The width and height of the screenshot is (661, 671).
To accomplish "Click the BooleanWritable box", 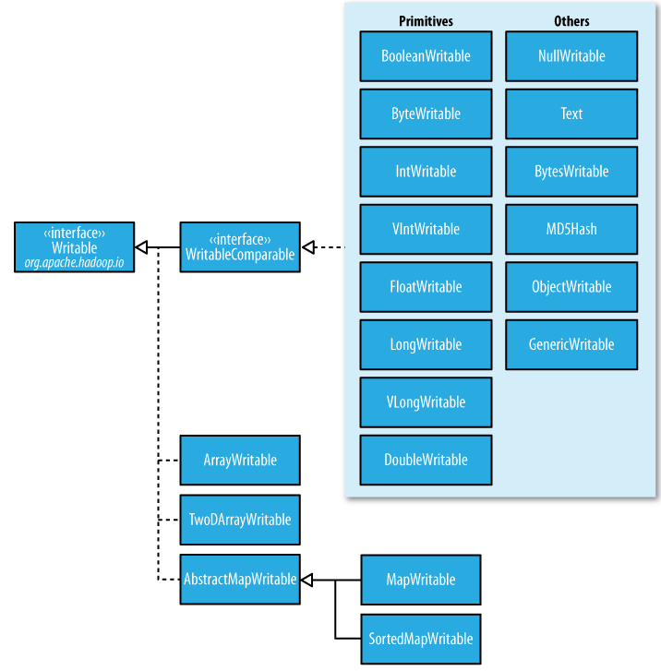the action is click(426, 56).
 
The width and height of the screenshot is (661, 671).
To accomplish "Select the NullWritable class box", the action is click(571, 56).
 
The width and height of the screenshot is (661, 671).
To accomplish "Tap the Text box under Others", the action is click(571, 114).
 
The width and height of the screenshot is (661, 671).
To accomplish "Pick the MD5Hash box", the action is click(571, 230).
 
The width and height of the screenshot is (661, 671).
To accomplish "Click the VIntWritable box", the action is click(426, 230).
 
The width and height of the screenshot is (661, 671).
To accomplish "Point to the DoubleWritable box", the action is click(426, 460).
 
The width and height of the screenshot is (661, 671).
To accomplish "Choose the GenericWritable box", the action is click(571, 344).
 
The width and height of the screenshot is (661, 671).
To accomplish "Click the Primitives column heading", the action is click(426, 21).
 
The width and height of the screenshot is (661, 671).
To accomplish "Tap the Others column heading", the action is click(571, 21).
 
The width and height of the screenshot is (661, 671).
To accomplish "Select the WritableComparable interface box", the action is click(240, 247).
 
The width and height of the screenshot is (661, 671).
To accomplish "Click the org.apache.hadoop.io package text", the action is click(74, 262).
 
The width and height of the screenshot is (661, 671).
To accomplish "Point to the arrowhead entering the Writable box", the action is click(141, 247).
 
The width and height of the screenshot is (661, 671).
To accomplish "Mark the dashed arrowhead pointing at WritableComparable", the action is click(308, 247).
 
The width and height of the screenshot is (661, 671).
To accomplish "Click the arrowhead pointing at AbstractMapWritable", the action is click(306, 581).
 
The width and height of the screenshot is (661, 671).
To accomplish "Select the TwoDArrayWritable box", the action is click(240, 520).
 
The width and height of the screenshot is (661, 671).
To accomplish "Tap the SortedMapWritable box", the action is click(421, 640).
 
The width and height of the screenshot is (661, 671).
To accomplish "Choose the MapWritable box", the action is click(421, 580).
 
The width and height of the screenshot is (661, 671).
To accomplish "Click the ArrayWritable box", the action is click(240, 460).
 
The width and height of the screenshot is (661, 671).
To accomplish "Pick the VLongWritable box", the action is click(426, 402).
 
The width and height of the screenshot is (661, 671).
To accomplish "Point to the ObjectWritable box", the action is click(571, 287).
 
